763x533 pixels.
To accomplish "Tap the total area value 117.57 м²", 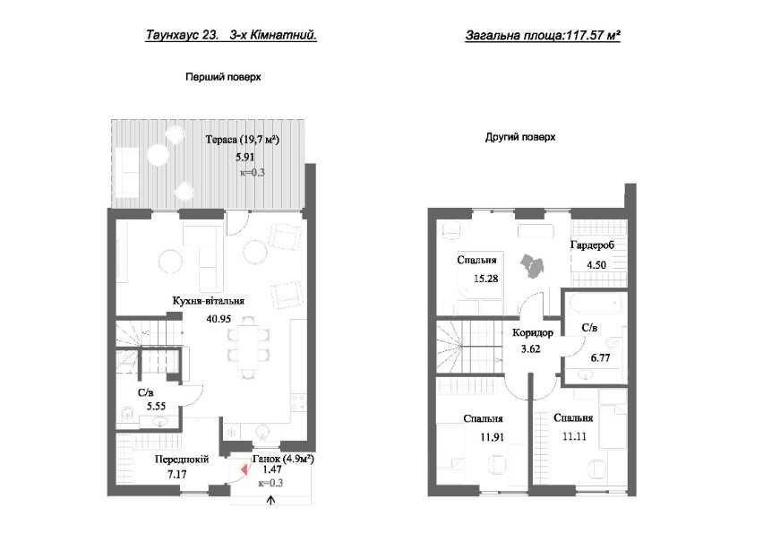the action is (x=593, y=35).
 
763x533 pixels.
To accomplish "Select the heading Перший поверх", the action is (x=223, y=77).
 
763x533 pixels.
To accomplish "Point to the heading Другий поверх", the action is (x=520, y=137).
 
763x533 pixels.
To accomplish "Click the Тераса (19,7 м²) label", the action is (x=243, y=140).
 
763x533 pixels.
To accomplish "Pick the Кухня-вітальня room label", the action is (x=209, y=301).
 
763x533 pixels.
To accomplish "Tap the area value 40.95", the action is (x=219, y=319).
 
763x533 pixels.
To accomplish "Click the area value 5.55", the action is (x=156, y=407).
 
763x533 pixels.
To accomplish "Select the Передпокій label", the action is (x=182, y=459).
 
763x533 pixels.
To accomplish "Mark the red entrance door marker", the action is (x=244, y=470).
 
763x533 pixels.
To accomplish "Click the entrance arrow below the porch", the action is (x=271, y=501).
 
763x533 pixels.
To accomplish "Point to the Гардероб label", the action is (x=592, y=245).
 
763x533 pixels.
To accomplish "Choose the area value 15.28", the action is (x=486, y=279).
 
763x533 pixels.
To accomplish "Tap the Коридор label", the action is (x=532, y=333).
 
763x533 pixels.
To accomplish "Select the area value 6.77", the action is (x=600, y=358).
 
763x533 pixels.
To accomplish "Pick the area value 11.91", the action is (x=493, y=437).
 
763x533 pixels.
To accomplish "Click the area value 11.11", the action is (x=574, y=436).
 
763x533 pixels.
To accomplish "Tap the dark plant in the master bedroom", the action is (x=532, y=266).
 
